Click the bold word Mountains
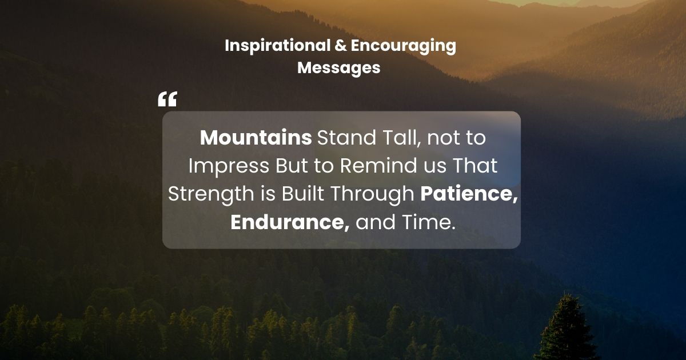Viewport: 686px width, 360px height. point(256,138)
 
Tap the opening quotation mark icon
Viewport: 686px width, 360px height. point(167,100)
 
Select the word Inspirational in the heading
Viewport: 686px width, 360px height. point(277,46)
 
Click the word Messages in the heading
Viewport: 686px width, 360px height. point(338,67)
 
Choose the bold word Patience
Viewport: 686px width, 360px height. point(469,194)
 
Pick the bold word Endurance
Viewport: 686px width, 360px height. point(290,222)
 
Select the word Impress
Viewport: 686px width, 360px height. point(228,166)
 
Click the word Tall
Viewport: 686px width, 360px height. point(400,138)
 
